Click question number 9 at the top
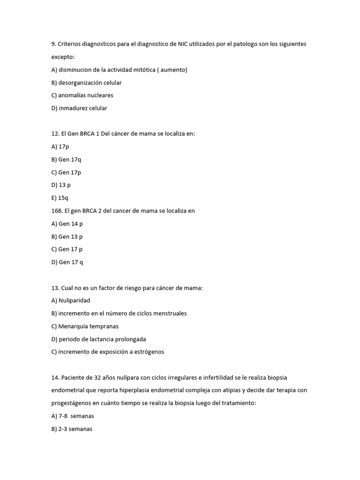click(53, 44)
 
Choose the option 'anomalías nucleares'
click(85, 95)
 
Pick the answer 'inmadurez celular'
click(82, 108)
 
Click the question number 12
click(55, 134)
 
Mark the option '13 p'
click(65, 185)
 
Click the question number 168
click(56, 211)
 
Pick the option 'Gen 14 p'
click(70, 224)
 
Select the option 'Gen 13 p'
click(70, 237)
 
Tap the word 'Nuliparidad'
click(74, 300)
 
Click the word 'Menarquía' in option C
click(73, 326)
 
